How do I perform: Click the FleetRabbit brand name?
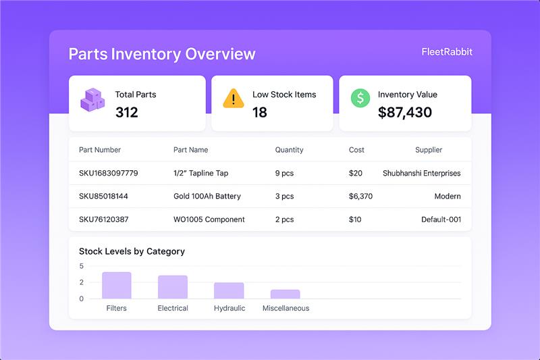coord(446,52)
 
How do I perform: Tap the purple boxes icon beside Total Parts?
coord(92,101)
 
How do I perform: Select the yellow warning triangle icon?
coord(233,99)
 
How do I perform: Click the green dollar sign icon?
coord(360,97)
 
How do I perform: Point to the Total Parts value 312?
coord(126,113)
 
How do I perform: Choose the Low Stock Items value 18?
coord(260,113)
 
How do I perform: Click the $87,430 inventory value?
coord(404,113)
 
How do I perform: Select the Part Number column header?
coord(100,150)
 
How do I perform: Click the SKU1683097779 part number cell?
coord(108,174)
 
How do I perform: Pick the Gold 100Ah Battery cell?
coord(207,197)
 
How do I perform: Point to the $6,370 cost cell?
coord(360,197)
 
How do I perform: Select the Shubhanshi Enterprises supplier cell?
coord(421,174)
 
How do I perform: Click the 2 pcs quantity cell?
coord(284,220)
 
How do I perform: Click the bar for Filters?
coord(116,286)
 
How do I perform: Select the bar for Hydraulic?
coord(229,290)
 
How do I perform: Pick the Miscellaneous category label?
coord(286,309)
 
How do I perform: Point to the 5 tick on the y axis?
coord(81,266)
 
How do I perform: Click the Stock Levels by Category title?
coord(132,251)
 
